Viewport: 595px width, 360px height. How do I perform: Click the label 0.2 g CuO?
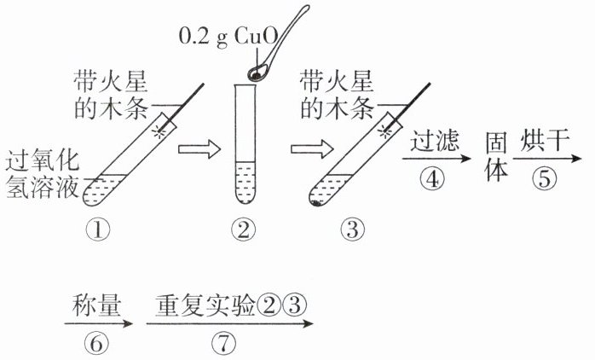223,37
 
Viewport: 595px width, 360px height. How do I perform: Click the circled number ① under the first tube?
107,229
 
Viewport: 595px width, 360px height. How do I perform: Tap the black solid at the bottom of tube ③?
316,204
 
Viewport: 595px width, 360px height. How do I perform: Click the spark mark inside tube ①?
158,132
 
